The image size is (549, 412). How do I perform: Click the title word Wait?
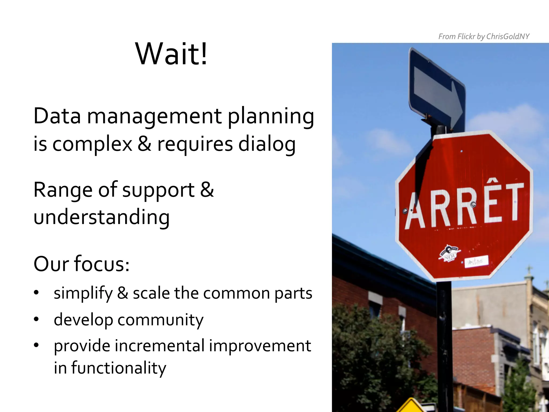172,54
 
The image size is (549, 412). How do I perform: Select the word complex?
92,144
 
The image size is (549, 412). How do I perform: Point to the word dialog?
267,144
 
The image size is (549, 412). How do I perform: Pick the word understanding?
102,217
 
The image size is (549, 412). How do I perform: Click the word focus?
102,264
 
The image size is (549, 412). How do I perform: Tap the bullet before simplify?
37,293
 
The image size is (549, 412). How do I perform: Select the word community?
160,320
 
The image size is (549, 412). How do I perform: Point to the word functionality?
118,368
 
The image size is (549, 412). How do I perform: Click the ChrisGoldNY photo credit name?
508,36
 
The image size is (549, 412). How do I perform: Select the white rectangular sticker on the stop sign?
476,261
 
